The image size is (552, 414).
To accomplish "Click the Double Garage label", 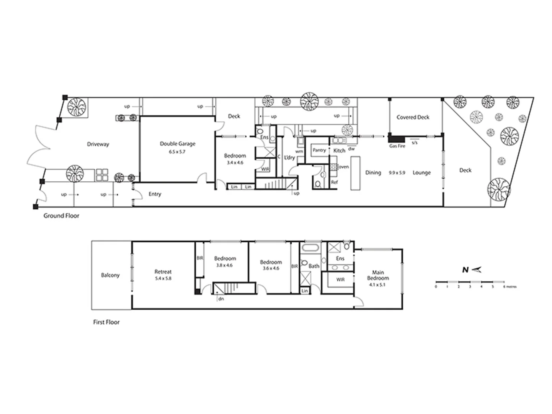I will coord(177,144).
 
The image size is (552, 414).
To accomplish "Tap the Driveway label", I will coord(98,144).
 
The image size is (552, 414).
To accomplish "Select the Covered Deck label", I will coord(413,117).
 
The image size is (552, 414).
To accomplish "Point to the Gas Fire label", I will coord(397,146).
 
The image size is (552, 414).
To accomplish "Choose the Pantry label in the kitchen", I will coord(319,150).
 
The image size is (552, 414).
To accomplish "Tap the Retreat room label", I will coord(163,272).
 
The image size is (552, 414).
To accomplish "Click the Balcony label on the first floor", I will coord(110,275).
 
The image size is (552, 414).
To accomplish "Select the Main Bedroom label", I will coord(378,275).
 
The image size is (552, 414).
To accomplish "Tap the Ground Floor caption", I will coord(61,216).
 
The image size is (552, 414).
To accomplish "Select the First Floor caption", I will coord(106,322).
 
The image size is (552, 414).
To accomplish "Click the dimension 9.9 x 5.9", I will coord(397,173).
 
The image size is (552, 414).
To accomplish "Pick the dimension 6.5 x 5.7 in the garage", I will coord(177,152).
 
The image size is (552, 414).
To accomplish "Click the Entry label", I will coord(155,194).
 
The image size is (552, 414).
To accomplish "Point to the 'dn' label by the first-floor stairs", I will coord(221,299).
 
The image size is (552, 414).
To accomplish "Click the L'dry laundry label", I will coord(289,158).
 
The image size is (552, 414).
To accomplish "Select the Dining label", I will coord(373,173).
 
